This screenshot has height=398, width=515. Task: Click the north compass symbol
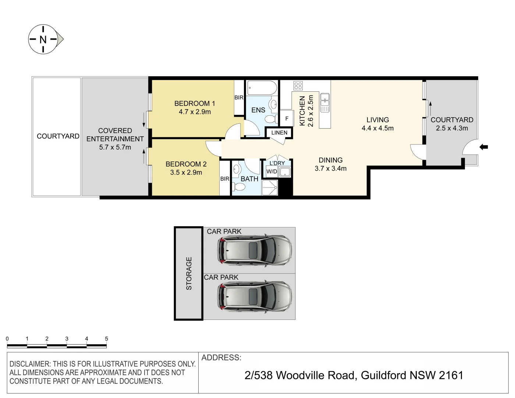[x=43, y=39]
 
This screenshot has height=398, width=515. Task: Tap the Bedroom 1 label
[x=195, y=104]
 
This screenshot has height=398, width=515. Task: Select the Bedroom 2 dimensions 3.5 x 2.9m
[x=186, y=172]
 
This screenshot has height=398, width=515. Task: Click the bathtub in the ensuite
[x=262, y=88]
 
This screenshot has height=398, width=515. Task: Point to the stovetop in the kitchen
[x=298, y=86]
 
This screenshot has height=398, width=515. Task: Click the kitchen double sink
[x=325, y=102]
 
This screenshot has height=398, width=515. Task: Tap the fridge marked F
[x=287, y=119]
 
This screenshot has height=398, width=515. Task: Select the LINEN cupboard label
[x=279, y=133]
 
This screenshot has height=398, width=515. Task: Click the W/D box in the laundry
[x=272, y=172]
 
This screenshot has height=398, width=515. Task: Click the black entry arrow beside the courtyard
[x=484, y=147]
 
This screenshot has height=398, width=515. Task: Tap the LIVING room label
[x=377, y=120]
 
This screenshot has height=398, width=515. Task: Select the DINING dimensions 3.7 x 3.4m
[x=330, y=169]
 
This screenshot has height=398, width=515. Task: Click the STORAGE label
[x=189, y=273]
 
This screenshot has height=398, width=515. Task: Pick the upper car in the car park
[x=255, y=250]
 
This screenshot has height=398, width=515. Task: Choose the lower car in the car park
[x=255, y=296]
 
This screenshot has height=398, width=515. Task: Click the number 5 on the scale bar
[x=106, y=339]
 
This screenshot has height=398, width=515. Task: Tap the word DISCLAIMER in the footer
[x=30, y=364]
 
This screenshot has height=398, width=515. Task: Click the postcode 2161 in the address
[x=451, y=375]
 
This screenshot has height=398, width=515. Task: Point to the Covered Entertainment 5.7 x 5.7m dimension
[x=115, y=147]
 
